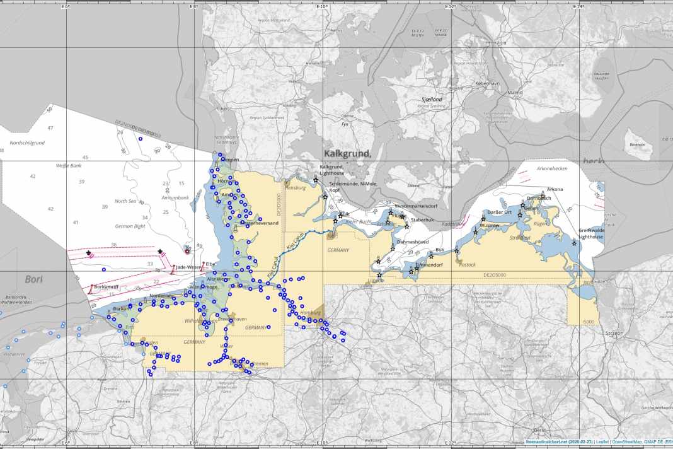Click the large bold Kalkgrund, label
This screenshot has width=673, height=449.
(x=347, y=153)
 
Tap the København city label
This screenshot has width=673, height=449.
(x=487, y=83)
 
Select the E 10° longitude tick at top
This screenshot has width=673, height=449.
(x=321, y=6)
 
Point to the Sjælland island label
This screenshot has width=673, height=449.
(x=432, y=100)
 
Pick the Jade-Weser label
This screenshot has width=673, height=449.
(x=188, y=267)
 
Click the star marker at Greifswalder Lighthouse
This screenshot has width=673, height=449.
(x=574, y=243)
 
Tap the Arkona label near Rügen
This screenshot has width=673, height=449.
(x=555, y=189)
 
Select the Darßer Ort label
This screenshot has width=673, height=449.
(x=500, y=212)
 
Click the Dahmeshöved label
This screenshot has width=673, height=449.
(x=413, y=242)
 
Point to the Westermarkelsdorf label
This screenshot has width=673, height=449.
(x=415, y=206)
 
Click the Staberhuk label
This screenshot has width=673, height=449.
(x=422, y=219)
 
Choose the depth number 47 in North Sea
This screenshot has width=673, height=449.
(x=50, y=128)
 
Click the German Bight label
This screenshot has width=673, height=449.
(x=130, y=226)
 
